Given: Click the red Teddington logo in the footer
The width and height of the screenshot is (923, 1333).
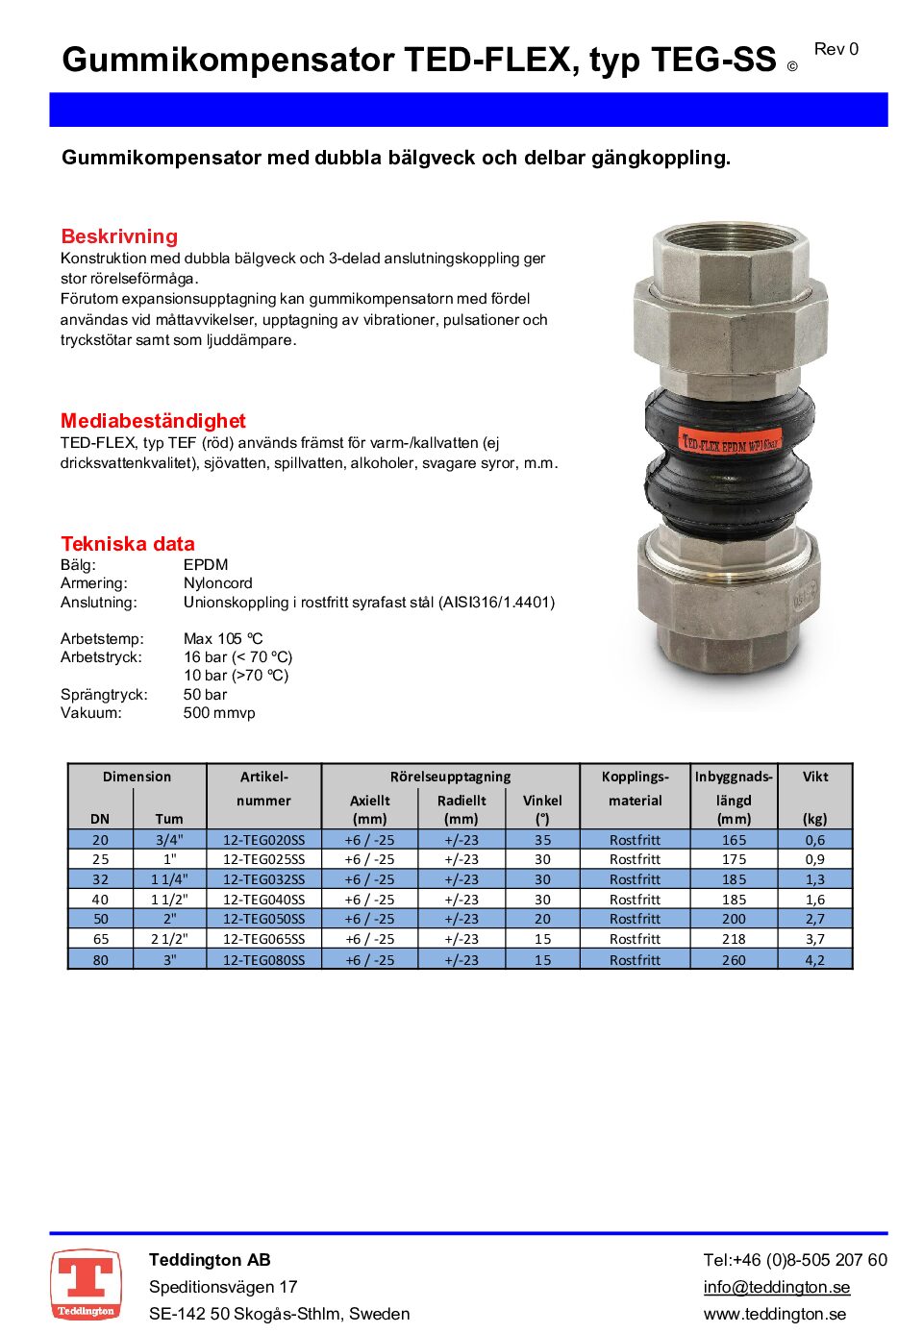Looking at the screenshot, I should (86, 1284).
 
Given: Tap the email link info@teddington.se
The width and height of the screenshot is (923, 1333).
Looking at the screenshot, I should (776, 1287).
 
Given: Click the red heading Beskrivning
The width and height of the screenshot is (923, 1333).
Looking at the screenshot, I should (119, 236).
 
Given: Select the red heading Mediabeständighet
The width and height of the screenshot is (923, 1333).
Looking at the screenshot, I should (153, 421).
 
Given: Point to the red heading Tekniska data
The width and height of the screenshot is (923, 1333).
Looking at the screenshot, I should (128, 544).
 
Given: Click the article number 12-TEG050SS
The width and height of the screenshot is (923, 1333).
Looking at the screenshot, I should (263, 919).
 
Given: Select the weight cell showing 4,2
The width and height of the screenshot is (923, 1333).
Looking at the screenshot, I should (814, 959).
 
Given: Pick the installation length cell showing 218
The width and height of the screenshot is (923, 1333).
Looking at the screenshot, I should (734, 939).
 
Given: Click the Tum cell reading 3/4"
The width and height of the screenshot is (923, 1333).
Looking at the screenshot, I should (169, 840).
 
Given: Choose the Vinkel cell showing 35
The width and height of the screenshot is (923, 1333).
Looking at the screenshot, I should (542, 840).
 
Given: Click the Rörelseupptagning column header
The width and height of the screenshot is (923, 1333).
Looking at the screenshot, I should (450, 777).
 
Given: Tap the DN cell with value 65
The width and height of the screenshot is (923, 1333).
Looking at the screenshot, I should (100, 939).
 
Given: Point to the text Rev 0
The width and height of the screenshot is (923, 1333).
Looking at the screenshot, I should (836, 49).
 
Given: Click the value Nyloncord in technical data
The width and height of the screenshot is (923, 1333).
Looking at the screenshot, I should (218, 583).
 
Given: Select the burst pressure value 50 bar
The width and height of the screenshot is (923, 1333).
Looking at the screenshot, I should (205, 695).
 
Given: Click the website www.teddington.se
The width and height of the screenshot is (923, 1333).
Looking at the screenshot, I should (775, 1314).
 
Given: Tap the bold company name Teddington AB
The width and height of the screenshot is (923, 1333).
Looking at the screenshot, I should (210, 1260).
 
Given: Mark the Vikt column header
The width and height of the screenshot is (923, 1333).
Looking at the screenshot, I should (814, 777).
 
